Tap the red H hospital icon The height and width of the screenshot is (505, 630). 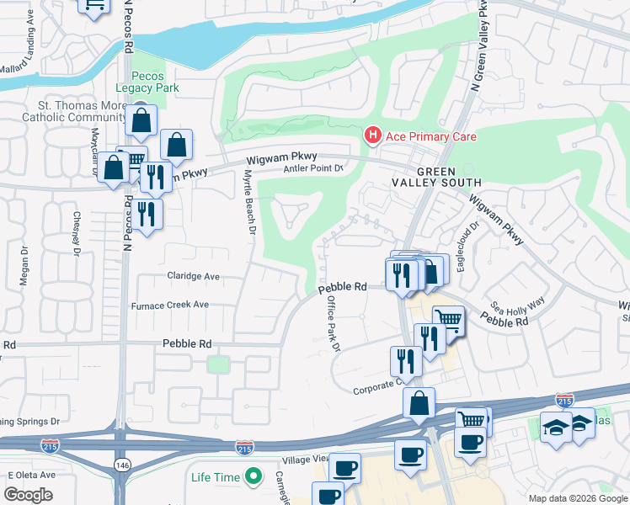click(x=371, y=136)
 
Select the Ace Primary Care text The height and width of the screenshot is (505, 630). click(x=430, y=136)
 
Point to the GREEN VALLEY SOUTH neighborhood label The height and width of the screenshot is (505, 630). click(x=436, y=175)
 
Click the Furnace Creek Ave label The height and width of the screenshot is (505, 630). click(x=181, y=306)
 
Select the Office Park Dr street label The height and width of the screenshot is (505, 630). click(x=331, y=323)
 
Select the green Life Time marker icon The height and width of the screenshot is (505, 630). click(x=252, y=478)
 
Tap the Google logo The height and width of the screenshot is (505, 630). click(x=29, y=495)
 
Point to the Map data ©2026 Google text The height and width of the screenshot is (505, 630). click(x=577, y=498)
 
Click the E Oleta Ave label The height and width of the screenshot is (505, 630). click(x=31, y=475)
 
